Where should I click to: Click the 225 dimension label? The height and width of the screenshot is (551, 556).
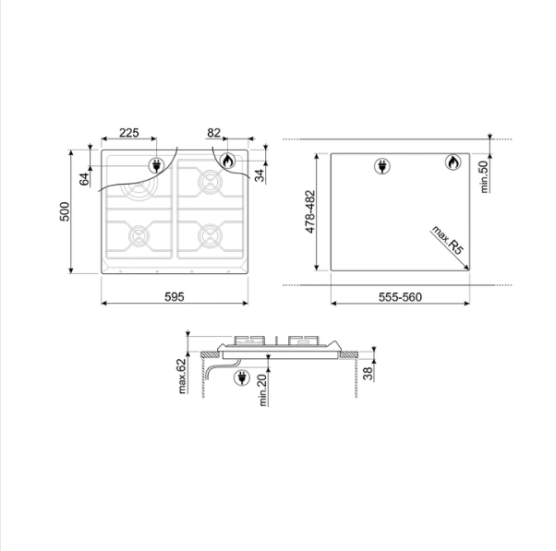[128, 133]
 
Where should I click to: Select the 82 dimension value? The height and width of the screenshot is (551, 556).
[214, 133]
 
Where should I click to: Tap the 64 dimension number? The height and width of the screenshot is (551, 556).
[84, 179]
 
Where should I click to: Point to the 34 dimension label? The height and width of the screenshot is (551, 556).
[260, 175]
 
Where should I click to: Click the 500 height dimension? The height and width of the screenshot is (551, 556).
[65, 211]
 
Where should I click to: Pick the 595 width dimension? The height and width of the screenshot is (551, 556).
[175, 297]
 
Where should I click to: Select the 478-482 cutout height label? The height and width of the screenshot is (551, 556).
[310, 212]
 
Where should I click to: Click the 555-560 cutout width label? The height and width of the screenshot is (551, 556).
[400, 297]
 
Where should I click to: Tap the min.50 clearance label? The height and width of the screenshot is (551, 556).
[484, 177]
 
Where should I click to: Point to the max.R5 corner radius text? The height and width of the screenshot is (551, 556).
[448, 240]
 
